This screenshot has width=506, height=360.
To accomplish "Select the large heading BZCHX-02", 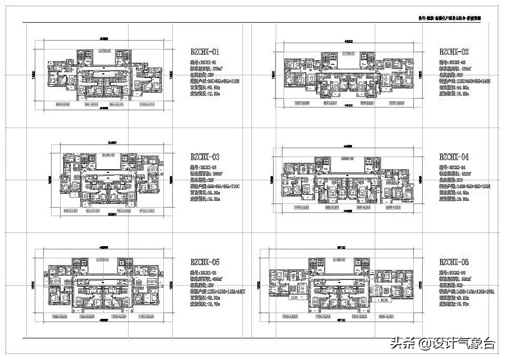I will [x=454, y=52].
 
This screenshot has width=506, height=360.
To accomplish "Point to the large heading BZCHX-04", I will [x=454, y=157].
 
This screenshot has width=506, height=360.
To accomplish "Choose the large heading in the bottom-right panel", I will [x=454, y=262].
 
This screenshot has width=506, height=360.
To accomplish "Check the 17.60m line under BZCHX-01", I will [x=206, y=94].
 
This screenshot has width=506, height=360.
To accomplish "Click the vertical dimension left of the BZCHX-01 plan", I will [x=34, y=75].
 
